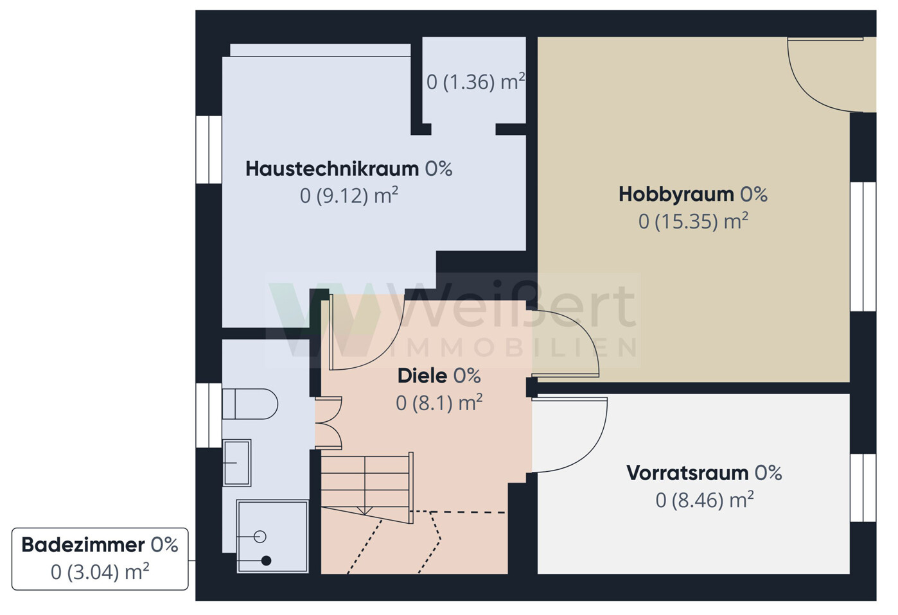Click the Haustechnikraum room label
[x=332, y=169]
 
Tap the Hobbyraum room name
[x=676, y=195]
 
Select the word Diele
[x=422, y=376]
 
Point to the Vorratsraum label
[x=687, y=473]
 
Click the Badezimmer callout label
[x=83, y=545]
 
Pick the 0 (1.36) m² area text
[x=475, y=82]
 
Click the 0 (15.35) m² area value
[x=693, y=221]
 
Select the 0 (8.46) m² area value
[x=705, y=500]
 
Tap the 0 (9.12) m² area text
[x=349, y=196]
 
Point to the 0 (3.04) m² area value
[x=100, y=572]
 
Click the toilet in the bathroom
[x=250, y=404]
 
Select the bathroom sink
[x=237, y=463]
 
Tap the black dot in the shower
[x=266, y=561]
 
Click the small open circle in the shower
[x=260, y=537]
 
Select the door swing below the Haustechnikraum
[x=387, y=350]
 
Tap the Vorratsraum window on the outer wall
[x=863, y=488]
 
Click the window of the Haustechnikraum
[x=209, y=150]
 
